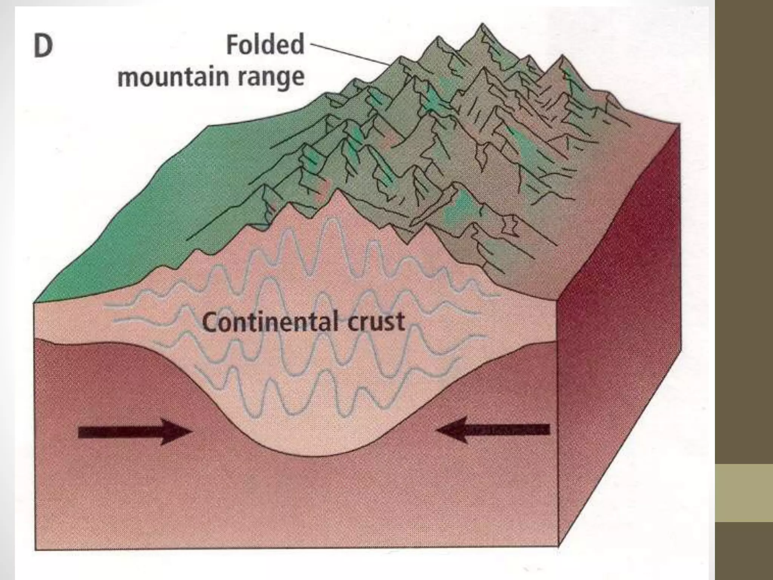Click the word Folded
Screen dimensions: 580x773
(x=265, y=45)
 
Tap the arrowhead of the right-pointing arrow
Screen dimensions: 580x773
(x=177, y=432)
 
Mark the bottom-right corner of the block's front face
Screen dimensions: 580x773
(x=558, y=546)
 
